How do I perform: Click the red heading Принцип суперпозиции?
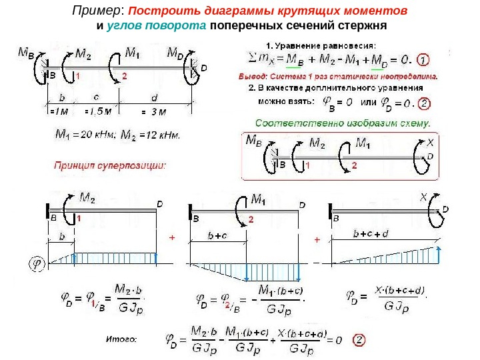coord(109,163)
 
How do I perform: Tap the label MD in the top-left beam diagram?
coord(178,52)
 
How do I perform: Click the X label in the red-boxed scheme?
coord(430,143)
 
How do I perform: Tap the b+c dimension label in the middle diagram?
coord(218,235)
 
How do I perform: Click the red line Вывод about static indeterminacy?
coord(339,76)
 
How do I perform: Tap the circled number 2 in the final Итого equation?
coord(359,339)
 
